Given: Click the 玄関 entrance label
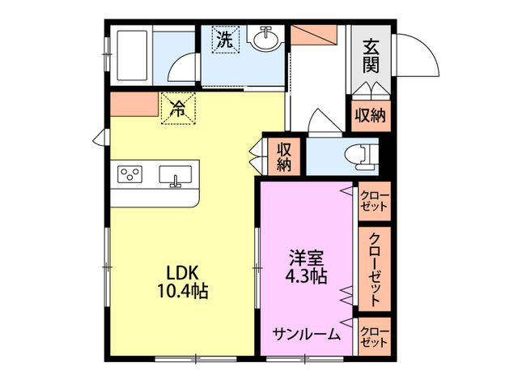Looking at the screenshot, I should click(371, 55).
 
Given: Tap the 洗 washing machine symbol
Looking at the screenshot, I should click(226, 39).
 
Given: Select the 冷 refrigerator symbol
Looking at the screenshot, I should click(178, 109).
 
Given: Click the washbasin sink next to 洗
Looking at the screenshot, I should click(265, 37).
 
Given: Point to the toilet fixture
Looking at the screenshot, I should click(363, 154).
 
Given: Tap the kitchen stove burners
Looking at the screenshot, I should click(129, 173).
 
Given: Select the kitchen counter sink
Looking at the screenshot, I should click(176, 175).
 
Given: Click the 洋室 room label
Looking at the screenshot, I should click(308, 258).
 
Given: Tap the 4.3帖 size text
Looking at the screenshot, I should click(308, 276).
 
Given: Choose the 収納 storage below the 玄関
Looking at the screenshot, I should click(371, 116).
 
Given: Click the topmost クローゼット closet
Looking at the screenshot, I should click(374, 201).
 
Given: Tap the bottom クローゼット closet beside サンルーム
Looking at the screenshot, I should click(374, 335).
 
